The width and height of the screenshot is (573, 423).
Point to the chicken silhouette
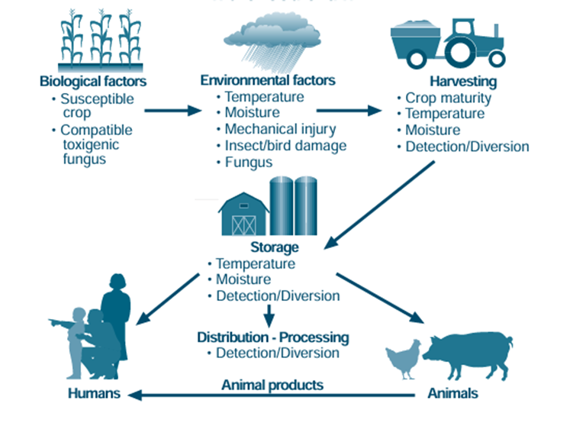point(402,359)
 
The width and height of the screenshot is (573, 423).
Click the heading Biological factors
point(93,82)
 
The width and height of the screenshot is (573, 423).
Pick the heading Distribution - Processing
point(273,337)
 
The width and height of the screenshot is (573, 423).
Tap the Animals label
point(452,394)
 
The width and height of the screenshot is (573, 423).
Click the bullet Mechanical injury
point(280,129)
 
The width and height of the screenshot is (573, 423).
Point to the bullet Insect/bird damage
point(285,145)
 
